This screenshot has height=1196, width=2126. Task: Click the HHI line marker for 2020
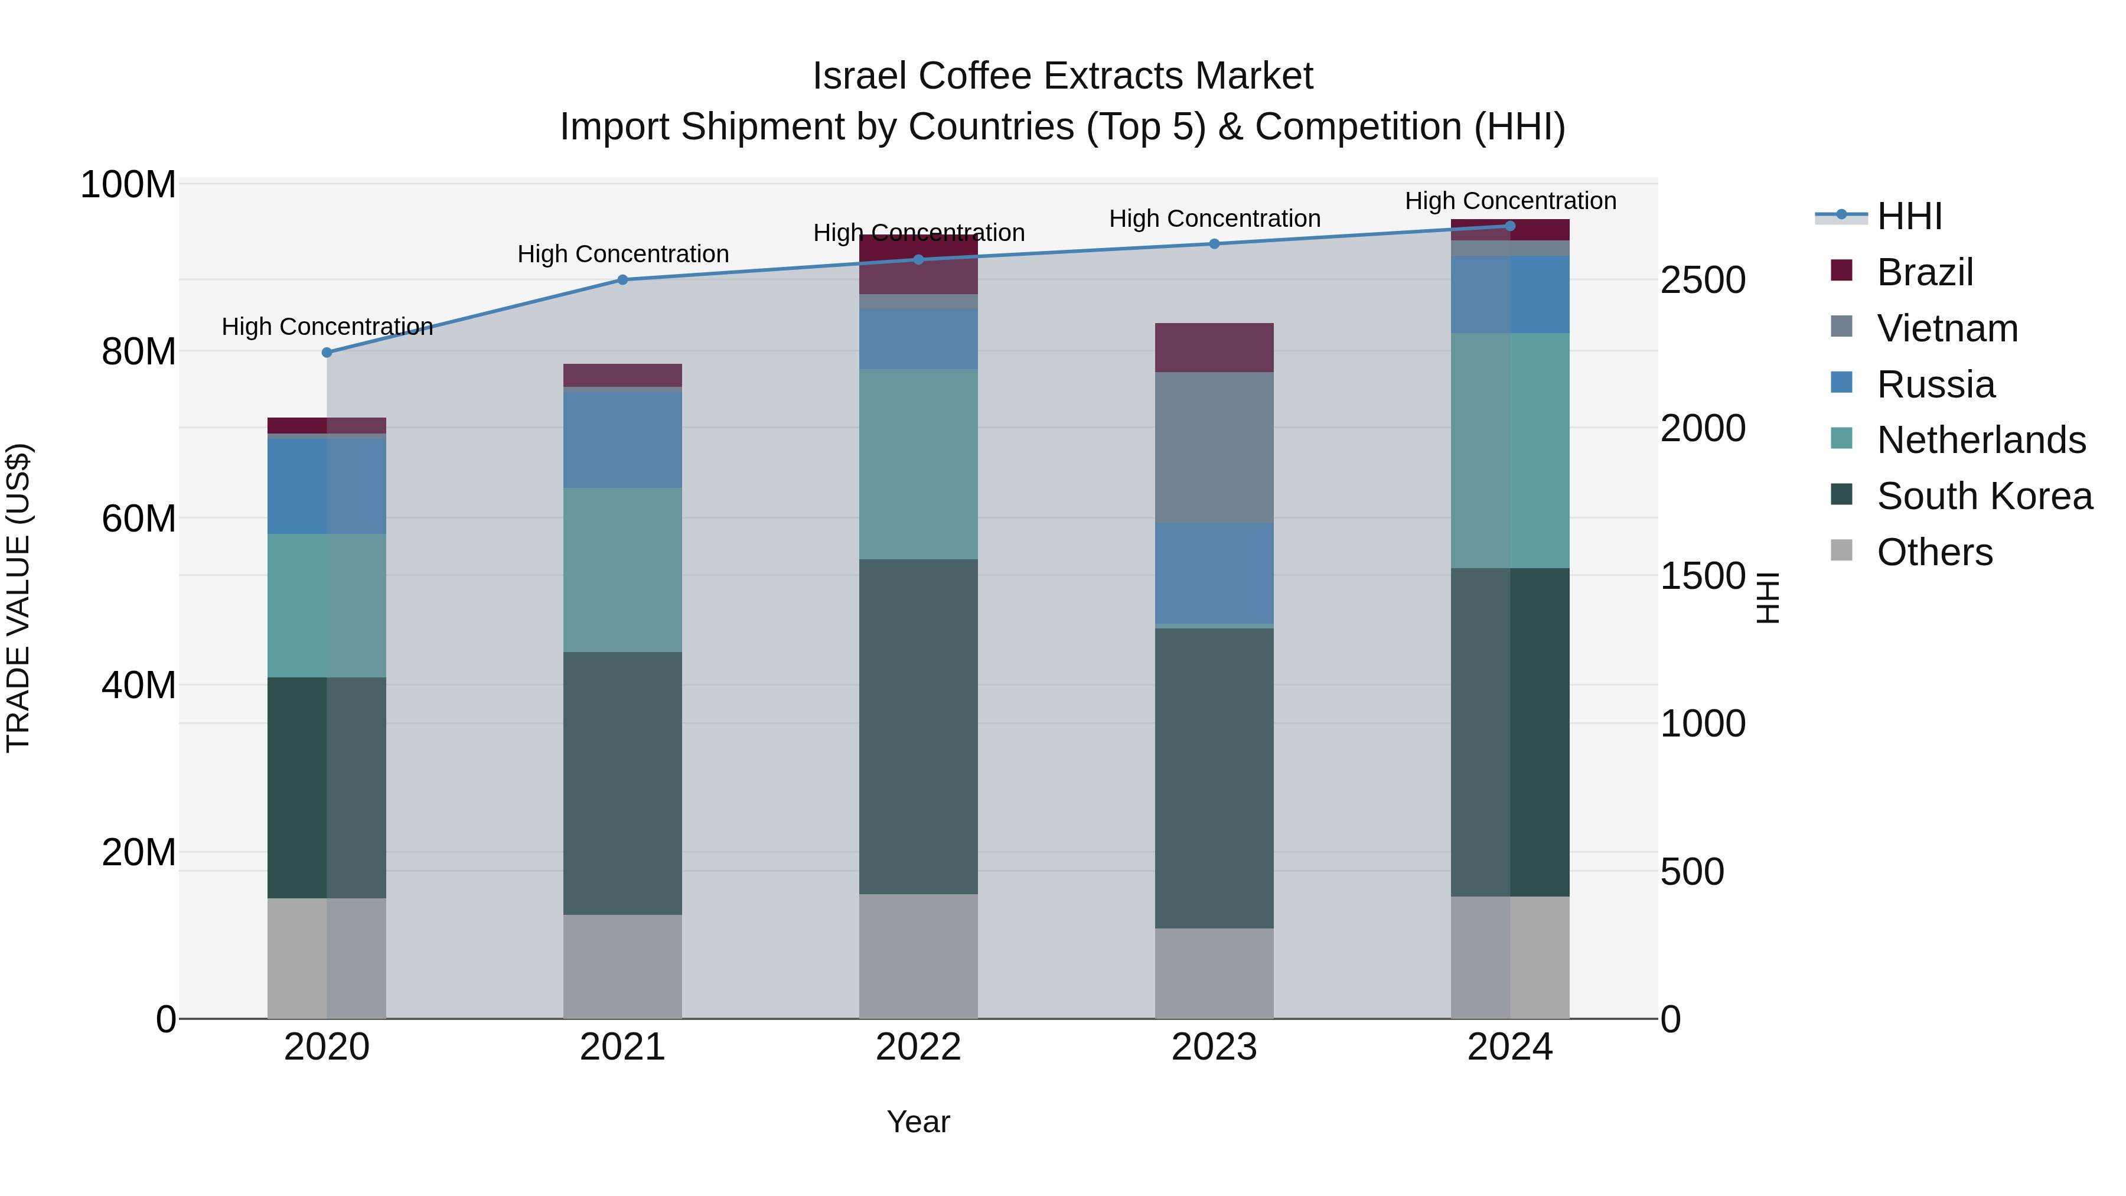327,353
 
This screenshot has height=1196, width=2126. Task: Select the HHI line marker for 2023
1214,243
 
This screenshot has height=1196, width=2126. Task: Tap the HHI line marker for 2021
623,280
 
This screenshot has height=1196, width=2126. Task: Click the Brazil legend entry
1924,272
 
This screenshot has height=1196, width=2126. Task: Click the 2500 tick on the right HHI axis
1702,281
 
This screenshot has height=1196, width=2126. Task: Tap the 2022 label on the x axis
918,1047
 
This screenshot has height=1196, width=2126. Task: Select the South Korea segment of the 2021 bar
623,783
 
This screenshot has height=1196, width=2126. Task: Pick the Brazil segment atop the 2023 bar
1214,347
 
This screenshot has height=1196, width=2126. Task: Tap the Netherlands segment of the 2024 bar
1509,451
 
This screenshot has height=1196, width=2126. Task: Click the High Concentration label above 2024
1509,201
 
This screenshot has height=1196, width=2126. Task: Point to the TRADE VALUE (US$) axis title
18,598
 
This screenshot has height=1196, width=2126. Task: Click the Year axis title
918,1122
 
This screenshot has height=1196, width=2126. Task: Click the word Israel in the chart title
860,76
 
